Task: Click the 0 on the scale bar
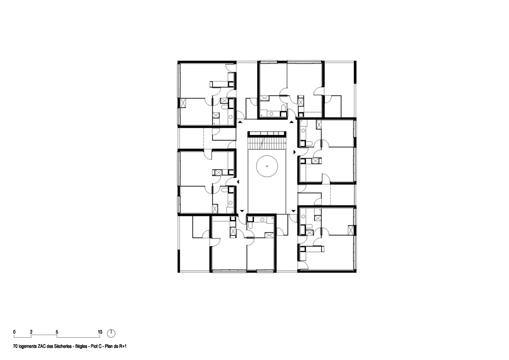14,332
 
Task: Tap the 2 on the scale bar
31,332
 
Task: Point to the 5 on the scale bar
57,332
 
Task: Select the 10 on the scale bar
100,332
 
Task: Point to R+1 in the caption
123,346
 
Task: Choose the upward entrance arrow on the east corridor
292,122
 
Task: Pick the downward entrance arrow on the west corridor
242,212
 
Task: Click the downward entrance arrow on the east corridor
294,212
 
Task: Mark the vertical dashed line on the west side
204,139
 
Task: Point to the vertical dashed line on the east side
330,195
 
